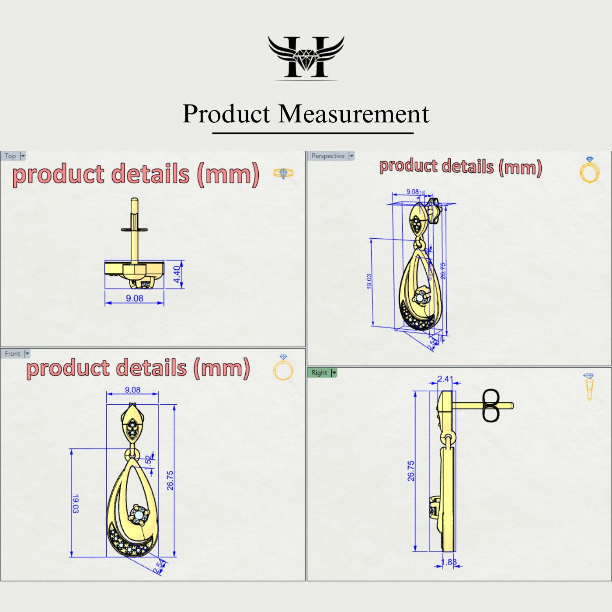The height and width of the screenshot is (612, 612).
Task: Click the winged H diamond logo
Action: click(x=306, y=58)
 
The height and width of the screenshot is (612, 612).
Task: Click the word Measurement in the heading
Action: click(x=354, y=114)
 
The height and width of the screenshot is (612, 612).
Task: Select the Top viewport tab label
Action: click(x=10, y=156)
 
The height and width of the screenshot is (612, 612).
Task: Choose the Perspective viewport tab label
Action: click(x=328, y=156)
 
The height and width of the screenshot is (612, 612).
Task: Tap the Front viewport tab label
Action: click(x=13, y=354)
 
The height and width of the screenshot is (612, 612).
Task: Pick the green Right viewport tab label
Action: click(x=319, y=373)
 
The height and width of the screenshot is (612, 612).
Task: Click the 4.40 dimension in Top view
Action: click(x=177, y=275)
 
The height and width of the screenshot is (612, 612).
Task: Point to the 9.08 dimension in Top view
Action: click(x=135, y=298)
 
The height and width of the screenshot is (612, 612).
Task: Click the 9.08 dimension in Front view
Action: click(x=132, y=390)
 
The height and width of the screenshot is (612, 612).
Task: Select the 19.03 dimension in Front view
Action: click(x=75, y=504)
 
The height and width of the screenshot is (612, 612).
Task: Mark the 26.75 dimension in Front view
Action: click(x=170, y=480)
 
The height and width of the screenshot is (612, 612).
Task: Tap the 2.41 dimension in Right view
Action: click(x=445, y=379)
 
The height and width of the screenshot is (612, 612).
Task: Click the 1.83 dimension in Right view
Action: click(x=449, y=562)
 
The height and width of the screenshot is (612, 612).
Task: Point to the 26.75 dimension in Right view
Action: click(x=411, y=471)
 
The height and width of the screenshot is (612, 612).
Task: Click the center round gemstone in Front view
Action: click(x=139, y=516)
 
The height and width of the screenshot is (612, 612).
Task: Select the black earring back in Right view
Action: click(x=490, y=406)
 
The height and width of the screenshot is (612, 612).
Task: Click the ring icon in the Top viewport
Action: click(x=283, y=174)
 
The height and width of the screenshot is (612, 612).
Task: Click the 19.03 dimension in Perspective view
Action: click(x=369, y=281)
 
